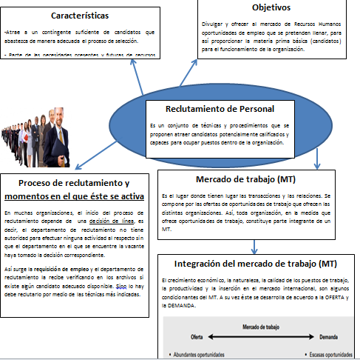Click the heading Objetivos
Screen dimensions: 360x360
pyautogui.click(x=271, y=7)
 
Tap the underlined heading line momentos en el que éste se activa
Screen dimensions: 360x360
pyautogui.click(x=75, y=196)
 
